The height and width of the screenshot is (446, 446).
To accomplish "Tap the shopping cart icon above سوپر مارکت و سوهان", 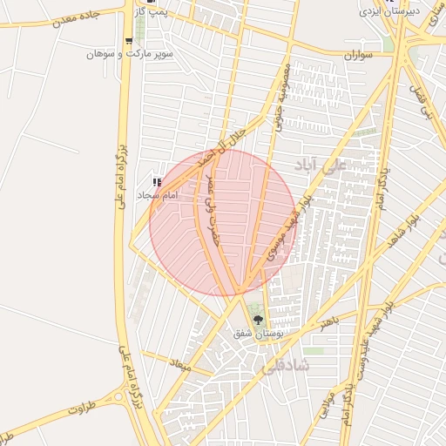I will pyautogui.click(x=130, y=41).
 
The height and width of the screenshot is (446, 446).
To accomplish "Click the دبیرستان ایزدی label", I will pyautogui.click(x=389, y=10).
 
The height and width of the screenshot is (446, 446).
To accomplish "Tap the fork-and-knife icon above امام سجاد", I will pyautogui.click(x=158, y=182).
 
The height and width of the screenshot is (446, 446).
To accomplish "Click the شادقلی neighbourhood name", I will pyautogui.click(x=284, y=367).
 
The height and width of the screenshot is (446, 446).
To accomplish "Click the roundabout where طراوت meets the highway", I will pyautogui.click(x=120, y=397).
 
